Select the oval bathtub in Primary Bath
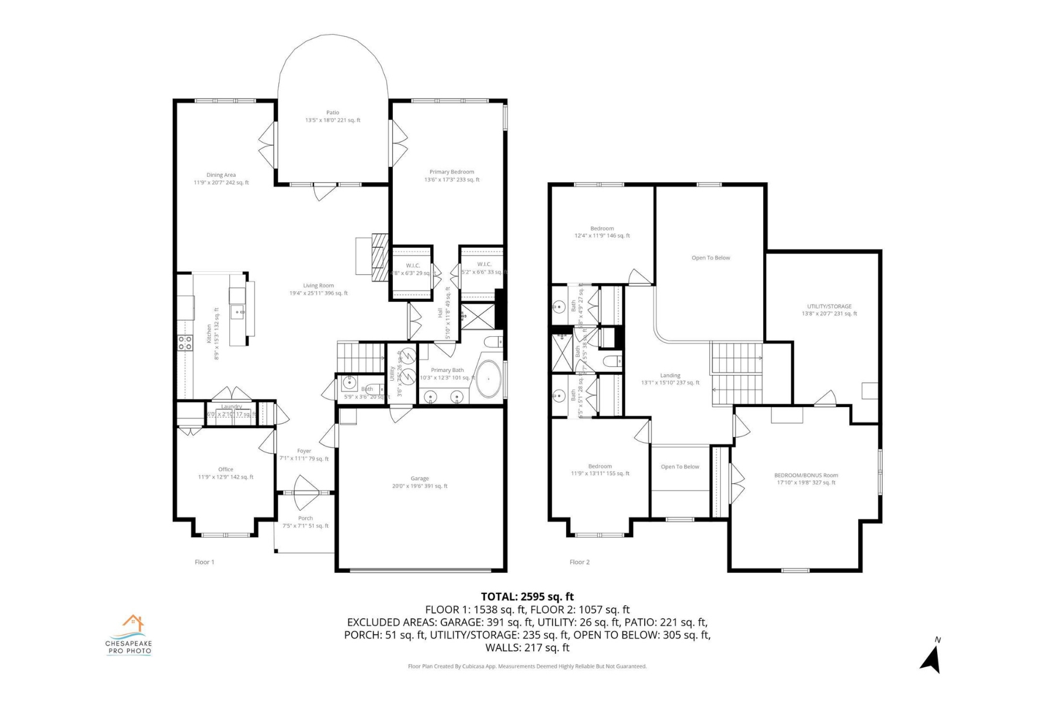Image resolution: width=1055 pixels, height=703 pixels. pyautogui.click(x=488, y=379)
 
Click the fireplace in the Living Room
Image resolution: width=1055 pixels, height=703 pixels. pyautogui.click(x=380, y=258)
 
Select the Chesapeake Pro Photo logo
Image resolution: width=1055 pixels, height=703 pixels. pyautogui.click(x=129, y=635)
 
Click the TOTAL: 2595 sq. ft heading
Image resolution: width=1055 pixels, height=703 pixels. pyautogui.click(x=527, y=597)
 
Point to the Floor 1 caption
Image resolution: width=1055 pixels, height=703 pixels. pyautogui.click(x=205, y=562)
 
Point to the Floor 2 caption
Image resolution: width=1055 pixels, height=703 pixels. pyautogui.click(x=579, y=562)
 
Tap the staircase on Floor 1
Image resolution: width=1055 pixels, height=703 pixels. pyautogui.click(x=360, y=354)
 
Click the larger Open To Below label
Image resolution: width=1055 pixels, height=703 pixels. pyautogui.click(x=710, y=258)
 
